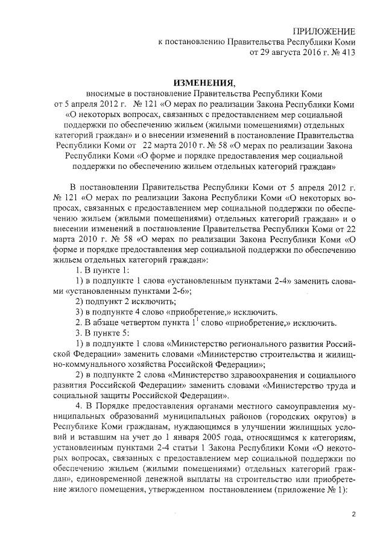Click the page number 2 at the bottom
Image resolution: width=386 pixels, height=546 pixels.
(354, 514)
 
